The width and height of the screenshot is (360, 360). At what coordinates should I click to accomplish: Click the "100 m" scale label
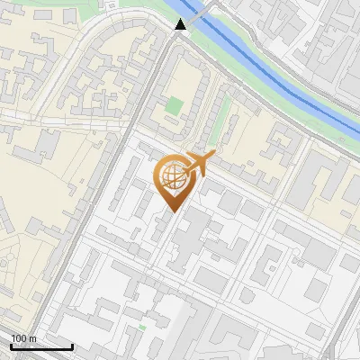click(x=23, y=338)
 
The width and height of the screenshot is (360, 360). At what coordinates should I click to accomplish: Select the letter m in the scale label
click(x=31, y=338)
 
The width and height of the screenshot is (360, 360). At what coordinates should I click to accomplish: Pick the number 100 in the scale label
click(x=19, y=338)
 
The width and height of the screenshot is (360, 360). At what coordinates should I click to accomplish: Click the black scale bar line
click(x=41, y=347)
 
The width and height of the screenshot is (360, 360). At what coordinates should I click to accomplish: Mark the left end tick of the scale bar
click(x=11, y=346)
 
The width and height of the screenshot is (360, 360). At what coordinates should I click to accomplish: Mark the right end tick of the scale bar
click(x=73, y=346)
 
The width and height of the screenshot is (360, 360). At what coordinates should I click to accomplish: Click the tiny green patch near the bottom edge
click(x=142, y=328)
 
